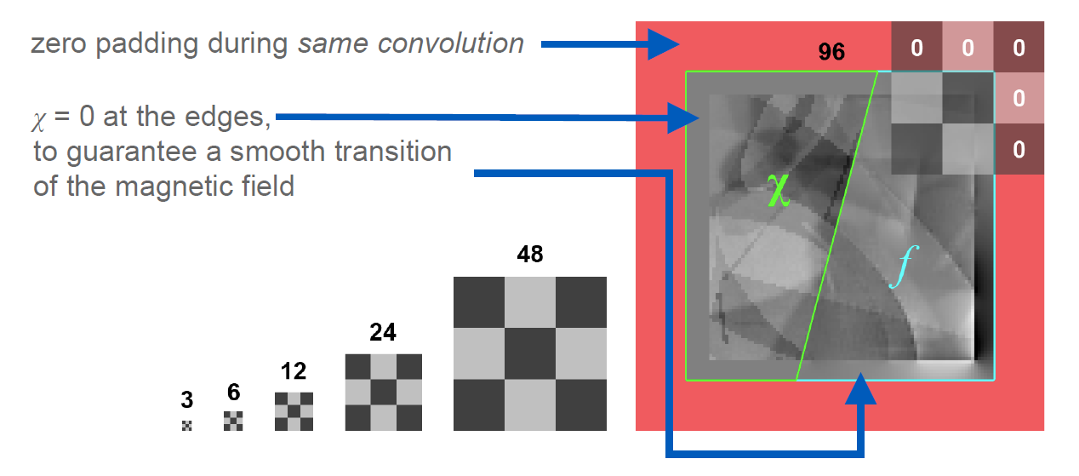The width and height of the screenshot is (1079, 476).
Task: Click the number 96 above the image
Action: [x=831, y=52]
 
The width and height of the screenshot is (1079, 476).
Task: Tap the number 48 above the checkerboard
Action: [x=529, y=255]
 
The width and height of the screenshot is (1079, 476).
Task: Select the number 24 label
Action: [x=383, y=332]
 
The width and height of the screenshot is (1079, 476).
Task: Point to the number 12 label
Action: [x=294, y=372]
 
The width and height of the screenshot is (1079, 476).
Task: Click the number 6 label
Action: [x=233, y=393]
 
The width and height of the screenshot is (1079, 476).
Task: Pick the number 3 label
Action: [x=187, y=399]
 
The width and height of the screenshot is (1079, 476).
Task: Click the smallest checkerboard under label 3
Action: [x=187, y=425]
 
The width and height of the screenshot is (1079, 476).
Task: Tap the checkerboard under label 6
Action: [x=233, y=421]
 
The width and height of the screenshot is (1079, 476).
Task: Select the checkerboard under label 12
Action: [x=294, y=411]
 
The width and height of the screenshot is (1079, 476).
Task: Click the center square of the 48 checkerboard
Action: [x=530, y=353]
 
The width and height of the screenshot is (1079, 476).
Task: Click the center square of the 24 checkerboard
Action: [x=384, y=393]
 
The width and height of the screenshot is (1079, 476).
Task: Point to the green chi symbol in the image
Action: [x=778, y=189]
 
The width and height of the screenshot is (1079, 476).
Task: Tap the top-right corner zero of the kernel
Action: [x=1019, y=49]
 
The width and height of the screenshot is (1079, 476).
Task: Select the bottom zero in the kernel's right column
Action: [x=1019, y=151]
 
